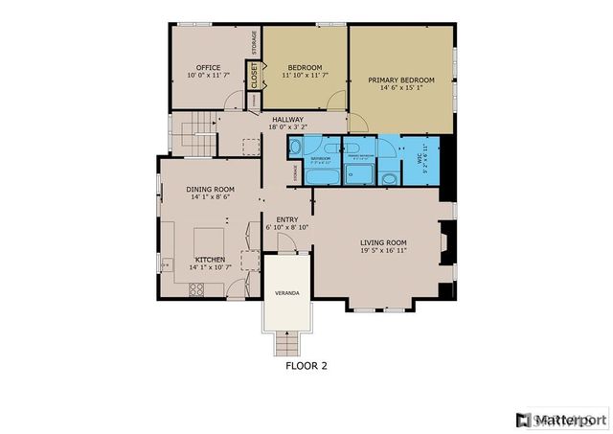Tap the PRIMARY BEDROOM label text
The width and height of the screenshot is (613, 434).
[x=401, y=80]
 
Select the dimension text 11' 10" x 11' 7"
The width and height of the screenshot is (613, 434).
[x=306, y=76]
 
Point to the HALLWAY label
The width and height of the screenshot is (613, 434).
[x=287, y=119]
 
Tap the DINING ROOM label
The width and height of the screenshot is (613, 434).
[x=210, y=190]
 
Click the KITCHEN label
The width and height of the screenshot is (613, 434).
[x=210, y=260]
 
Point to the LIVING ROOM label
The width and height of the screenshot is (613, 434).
[x=383, y=242]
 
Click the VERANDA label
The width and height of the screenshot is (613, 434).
[x=285, y=290]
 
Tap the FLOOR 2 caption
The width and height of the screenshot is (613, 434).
[x=306, y=364]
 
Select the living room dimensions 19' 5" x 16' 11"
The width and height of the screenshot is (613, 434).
[x=383, y=252]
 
